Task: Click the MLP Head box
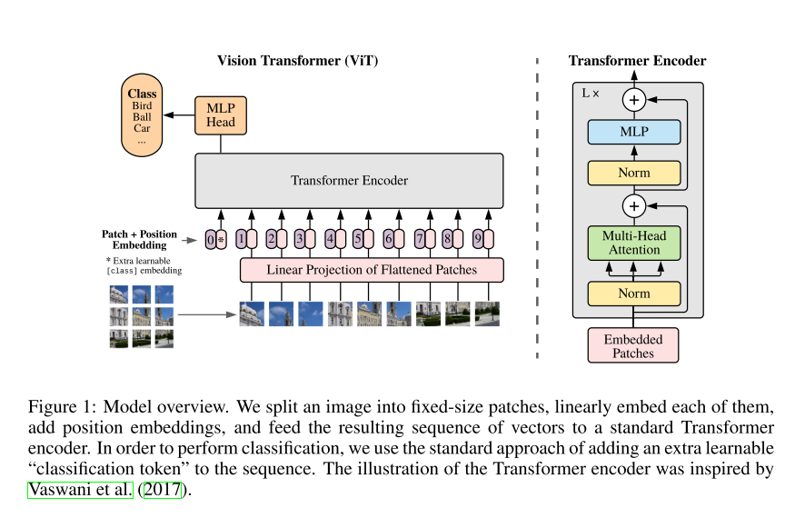[221, 115]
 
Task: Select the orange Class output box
[142, 116]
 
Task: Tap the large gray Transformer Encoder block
[349, 181]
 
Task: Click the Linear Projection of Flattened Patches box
[371, 270]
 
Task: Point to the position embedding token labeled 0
[211, 240]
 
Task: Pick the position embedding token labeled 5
[358, 240]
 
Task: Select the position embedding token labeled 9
[475, 240]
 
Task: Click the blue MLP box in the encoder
[633, 132]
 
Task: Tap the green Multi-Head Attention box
[633, 242]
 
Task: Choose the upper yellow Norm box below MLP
[633, 171]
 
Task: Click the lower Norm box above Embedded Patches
[633, 294]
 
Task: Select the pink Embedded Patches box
[633, 345]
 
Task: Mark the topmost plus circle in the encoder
[633, 99]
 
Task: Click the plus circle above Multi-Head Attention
[633, 206]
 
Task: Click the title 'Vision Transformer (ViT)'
[297, 61]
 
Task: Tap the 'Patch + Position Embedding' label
[139, 240]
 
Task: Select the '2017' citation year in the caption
[164, 490]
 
